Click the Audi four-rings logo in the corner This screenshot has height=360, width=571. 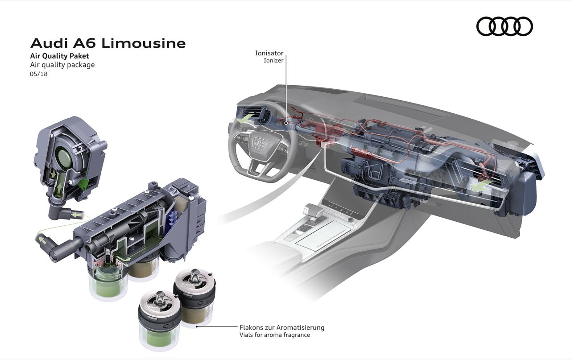(x=505, y=26)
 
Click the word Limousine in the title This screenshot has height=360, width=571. (x=144, y=43)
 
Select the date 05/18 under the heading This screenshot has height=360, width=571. (x=39, y=74)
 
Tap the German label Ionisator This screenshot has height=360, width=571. (x=269, y=53)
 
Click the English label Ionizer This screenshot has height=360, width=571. (x=273, y=60)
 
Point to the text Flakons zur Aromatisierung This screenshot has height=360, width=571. (x=282, y=327)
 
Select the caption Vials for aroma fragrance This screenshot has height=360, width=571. (x=274, y=335)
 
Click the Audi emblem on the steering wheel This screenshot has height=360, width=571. (x=260, y=144)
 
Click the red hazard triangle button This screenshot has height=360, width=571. (x=342, y=209)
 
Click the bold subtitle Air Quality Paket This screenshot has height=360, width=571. (x=60, y=56)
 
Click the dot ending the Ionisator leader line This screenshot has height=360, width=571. (x=286, y=123)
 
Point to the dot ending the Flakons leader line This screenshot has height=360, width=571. (x=197, y=326)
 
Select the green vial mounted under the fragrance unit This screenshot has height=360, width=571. (x=108, y=281)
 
